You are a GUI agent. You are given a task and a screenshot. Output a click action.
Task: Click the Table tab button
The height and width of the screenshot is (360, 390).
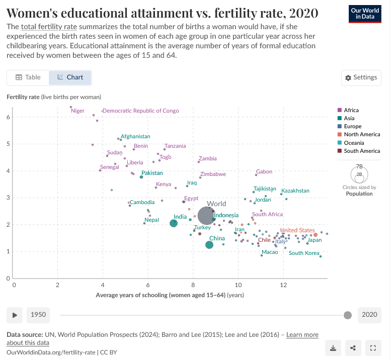(28, 77)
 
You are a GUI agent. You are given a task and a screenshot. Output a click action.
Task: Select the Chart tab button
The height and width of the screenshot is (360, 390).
(70, 77)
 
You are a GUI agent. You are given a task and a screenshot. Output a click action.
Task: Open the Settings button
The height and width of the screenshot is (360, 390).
(361, 77)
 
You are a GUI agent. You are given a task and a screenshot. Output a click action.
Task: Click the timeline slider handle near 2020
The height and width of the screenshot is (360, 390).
(347, 315)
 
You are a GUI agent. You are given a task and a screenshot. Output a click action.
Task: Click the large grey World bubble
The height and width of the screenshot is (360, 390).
(206, 216)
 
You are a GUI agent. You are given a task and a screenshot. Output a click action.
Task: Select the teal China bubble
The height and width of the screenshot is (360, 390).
(209, 245)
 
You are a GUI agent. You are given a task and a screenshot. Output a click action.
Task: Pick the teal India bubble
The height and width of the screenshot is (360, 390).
(174, 223)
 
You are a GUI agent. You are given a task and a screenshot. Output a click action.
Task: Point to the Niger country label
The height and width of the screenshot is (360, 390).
(78, 111)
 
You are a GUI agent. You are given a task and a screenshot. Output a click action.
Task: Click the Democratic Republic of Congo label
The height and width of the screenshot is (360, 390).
(141, 111)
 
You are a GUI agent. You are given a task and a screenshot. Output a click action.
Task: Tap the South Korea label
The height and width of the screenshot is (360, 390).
(303, 253)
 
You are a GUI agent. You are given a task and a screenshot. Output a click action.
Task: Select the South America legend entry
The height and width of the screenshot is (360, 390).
(362, 151)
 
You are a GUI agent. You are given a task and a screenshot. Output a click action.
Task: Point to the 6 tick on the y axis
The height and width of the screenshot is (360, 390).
(8, 117)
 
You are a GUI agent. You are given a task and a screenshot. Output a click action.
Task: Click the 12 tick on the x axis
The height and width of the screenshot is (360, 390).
(283, 285)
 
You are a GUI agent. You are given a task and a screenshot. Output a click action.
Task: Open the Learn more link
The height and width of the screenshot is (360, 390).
(302, 335)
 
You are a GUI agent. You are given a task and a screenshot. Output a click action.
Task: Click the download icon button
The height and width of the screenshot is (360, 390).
(333, 347)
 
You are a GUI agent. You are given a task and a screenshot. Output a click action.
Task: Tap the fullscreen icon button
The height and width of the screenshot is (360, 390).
(373, 347)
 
